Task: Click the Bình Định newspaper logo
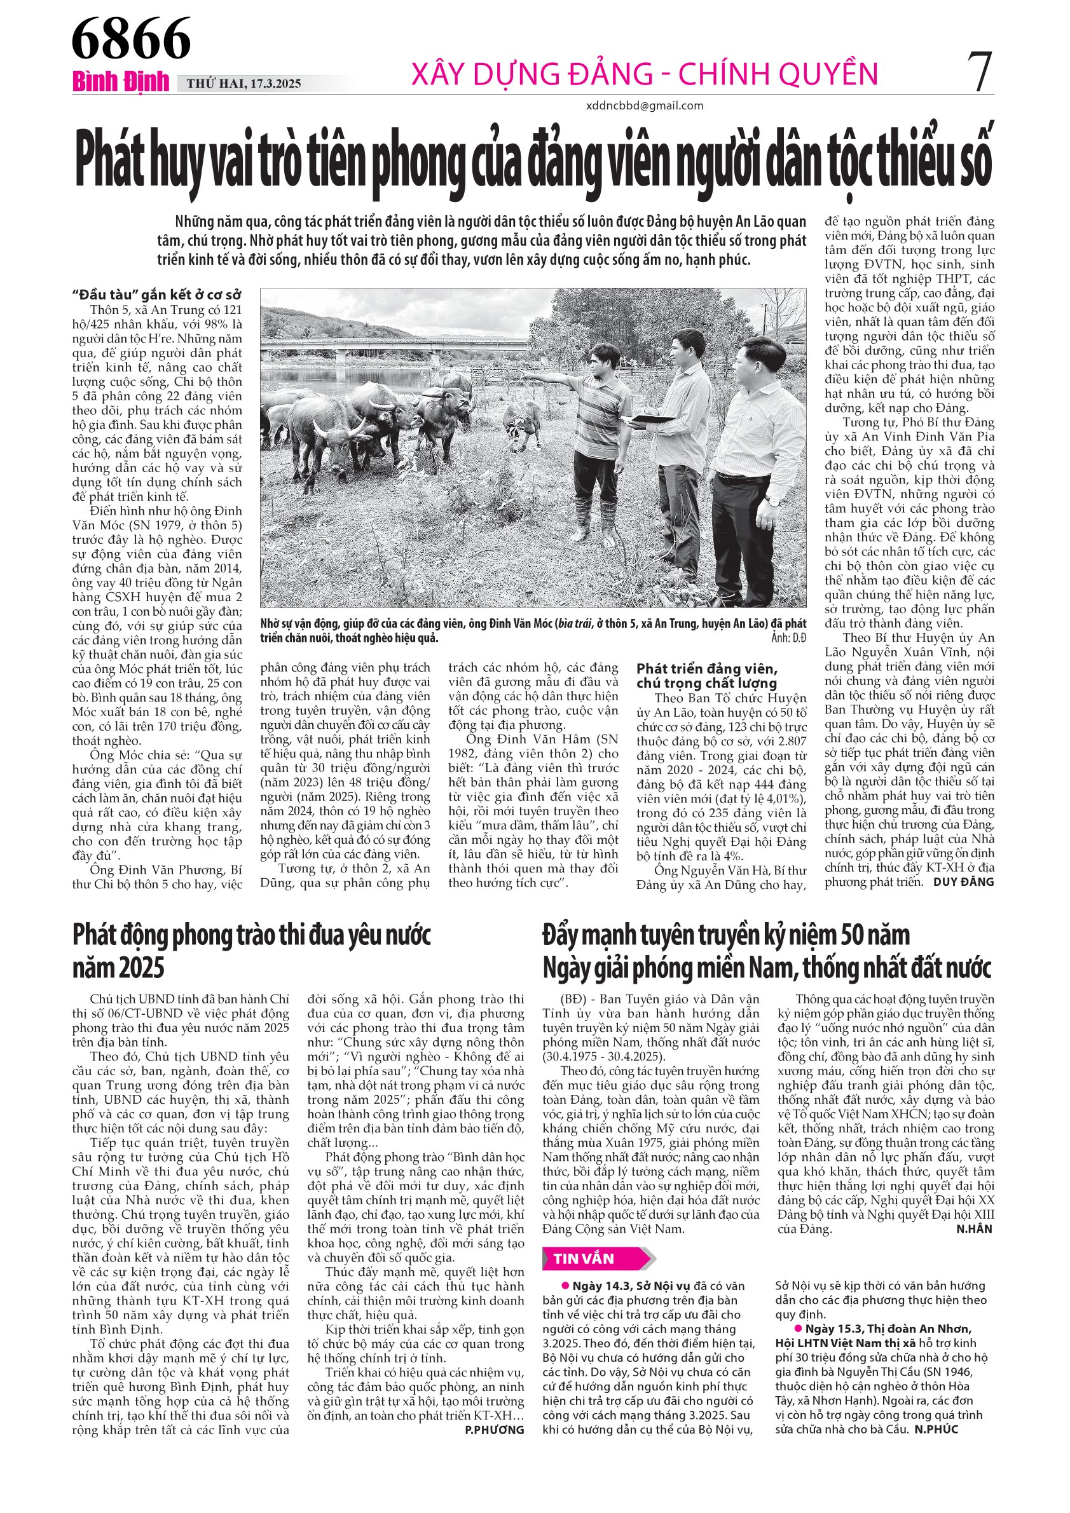click(121, 82)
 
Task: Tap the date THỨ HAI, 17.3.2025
click(244, 84)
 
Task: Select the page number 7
click(980, 72)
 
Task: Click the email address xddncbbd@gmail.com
click(644, 105)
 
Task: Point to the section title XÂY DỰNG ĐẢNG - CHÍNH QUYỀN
click(644, 74)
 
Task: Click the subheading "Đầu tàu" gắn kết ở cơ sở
click(157, 295)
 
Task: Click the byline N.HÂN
click(974, 1229)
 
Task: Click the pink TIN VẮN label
click(584, 1259)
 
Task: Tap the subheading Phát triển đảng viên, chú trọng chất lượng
click(707, 676)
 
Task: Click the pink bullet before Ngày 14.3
click(565, 1286)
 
